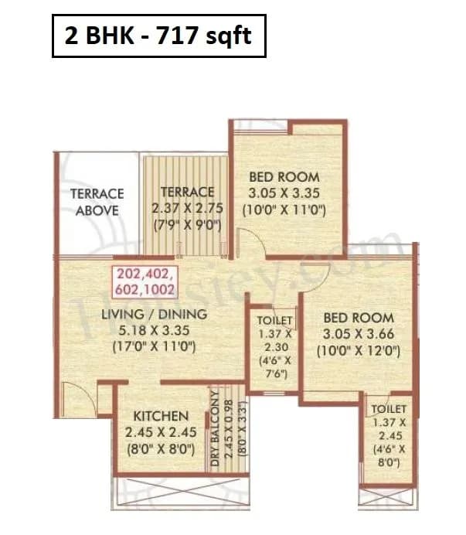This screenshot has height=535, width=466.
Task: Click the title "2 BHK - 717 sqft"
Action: click(x=158, y=36)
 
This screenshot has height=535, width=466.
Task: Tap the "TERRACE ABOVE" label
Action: click(x=97, y=202)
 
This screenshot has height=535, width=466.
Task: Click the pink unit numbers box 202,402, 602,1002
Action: click(x=145, y=282)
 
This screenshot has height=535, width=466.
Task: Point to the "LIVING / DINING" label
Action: click(x=155, y=314)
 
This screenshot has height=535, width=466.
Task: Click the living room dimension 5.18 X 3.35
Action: click(x=155, y=330)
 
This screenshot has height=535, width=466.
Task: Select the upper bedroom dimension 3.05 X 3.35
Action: click(x=284, y=193)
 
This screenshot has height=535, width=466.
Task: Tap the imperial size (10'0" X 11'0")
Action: click(x=284, y=210)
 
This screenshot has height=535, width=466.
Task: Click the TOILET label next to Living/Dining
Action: click(x=274, y=320)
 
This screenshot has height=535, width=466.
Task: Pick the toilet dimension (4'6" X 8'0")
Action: click(x=386, y=456)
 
